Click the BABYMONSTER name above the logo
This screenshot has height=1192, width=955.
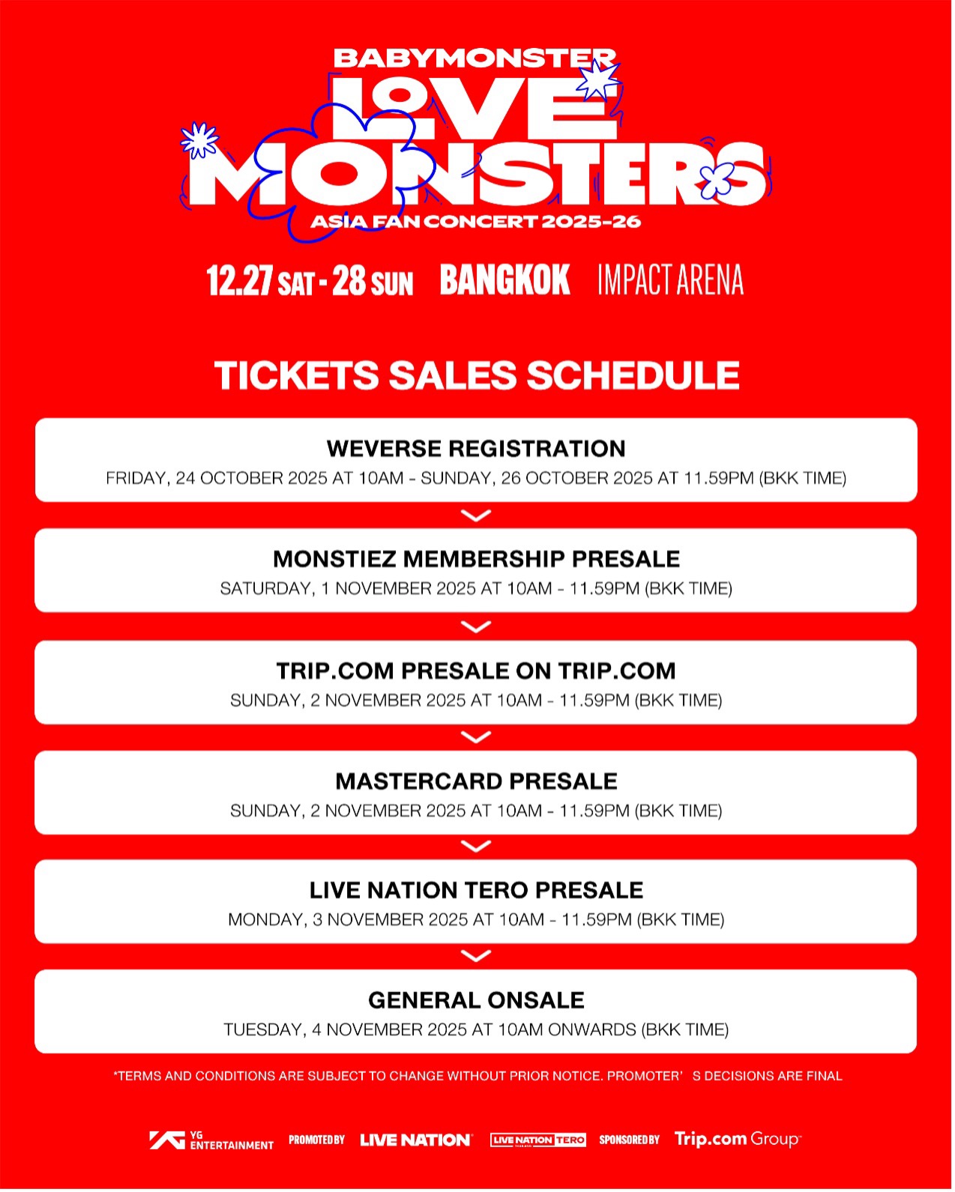[x=475, y=58]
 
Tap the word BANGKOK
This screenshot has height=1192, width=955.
[x=505, y=279]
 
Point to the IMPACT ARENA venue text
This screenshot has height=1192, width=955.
[x=671, y=279]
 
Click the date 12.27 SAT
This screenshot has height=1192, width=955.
[x=261, y=279]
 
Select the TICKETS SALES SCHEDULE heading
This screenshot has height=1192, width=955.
[x=477, y=375]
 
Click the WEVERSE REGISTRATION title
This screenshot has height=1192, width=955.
[x=476, y=448]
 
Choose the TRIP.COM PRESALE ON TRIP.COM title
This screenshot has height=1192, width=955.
[x=476, y=671]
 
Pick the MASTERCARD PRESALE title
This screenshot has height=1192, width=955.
[x=476, y=781]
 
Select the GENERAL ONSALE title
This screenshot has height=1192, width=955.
[x=476, y=999]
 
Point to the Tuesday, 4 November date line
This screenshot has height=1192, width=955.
[x=476, y=1029]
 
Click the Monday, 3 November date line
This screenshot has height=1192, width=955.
[x=476, y=919]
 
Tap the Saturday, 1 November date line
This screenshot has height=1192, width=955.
[x=476, y=588]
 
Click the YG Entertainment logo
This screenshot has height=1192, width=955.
[x=211, y=1140]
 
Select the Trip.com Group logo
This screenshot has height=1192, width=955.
[x=738, y=1140]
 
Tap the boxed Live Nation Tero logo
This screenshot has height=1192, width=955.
[x=538, y=1140]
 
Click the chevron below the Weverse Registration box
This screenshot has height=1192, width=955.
[x=476, y=515]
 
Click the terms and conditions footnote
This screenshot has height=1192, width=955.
[x=477, y=1076]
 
